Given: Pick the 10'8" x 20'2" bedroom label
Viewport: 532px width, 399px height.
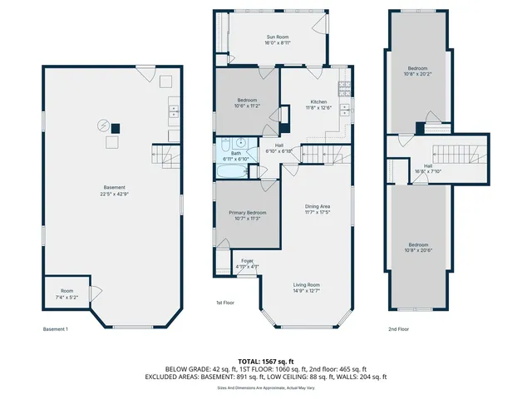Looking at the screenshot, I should click(x=420, y=71).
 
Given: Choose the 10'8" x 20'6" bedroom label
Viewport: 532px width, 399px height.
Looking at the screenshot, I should click(x=420, y=248).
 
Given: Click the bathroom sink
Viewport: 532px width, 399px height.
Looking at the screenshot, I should click(x=238, y=142).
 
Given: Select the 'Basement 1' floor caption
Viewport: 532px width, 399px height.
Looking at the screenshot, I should click(x=55, y=329).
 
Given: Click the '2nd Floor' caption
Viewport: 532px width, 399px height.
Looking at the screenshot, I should click(x=399, y=329).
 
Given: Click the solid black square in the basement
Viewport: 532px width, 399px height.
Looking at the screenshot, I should click(x=116, y=128).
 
